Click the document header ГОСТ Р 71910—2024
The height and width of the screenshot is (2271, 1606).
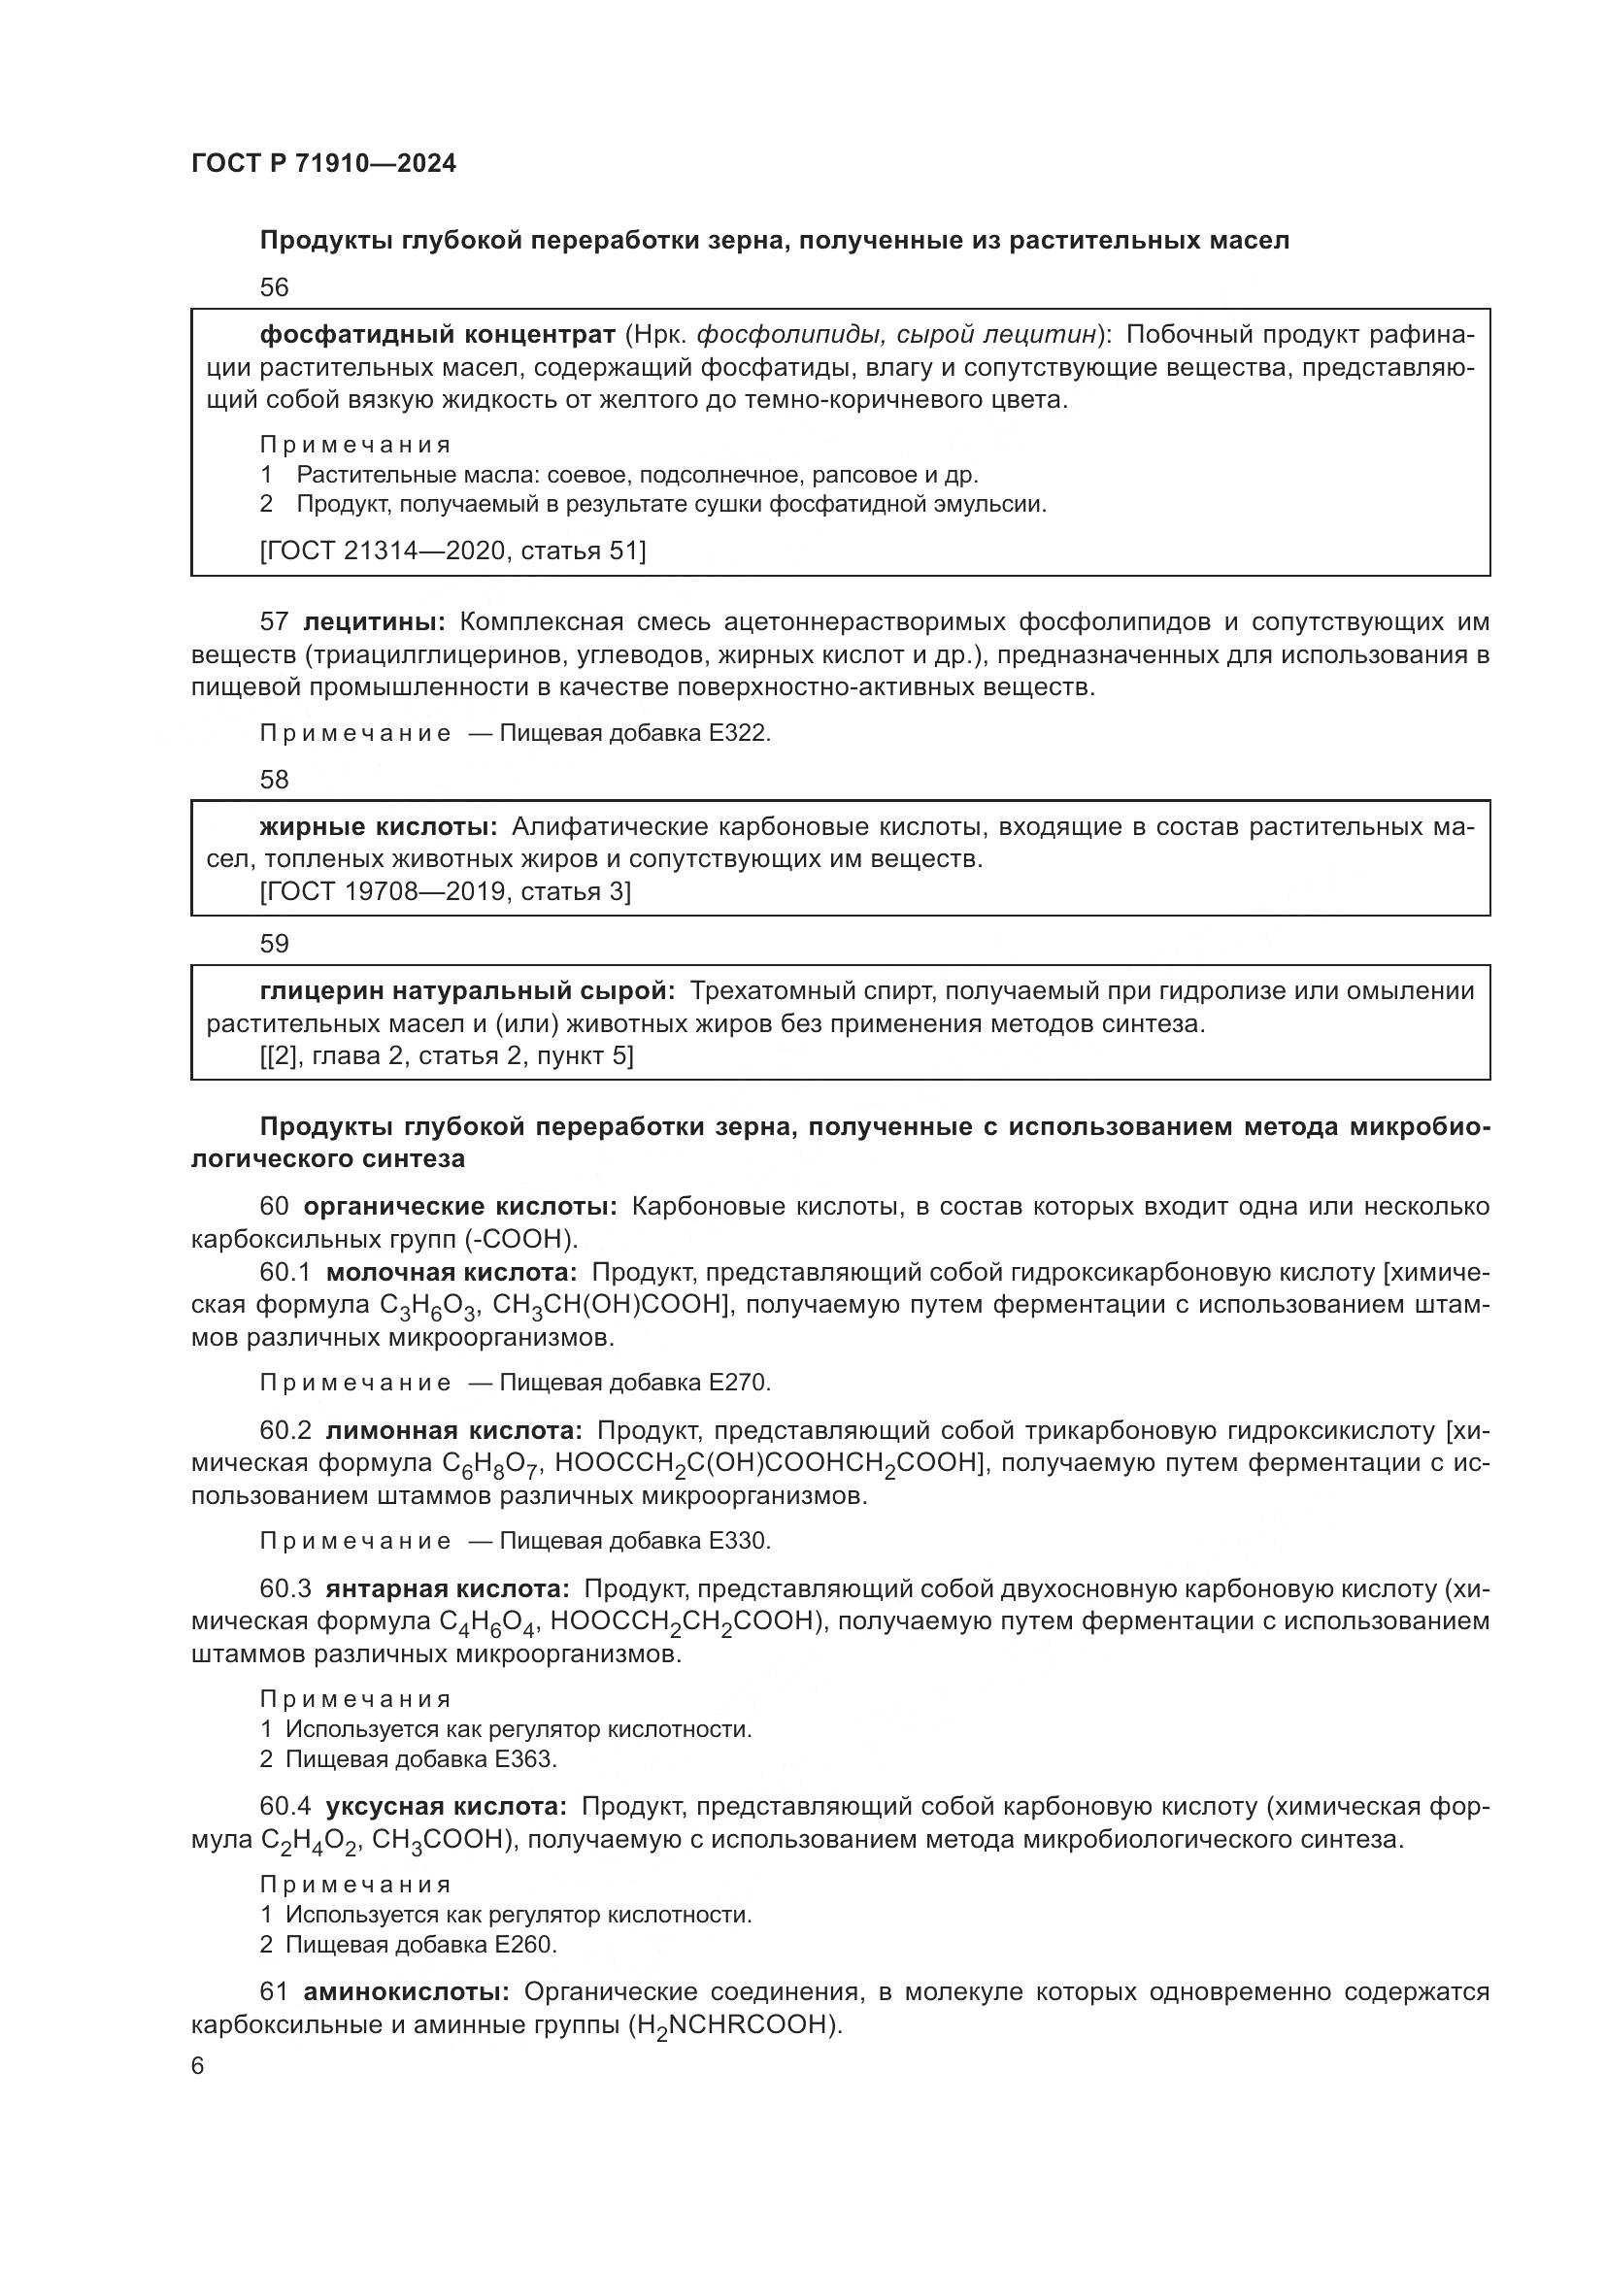[323, 164]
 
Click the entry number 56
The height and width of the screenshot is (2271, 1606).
[274, 287]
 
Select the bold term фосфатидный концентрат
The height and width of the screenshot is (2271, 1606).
[437, 335]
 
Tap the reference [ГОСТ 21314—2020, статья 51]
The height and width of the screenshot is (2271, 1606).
[452, 551]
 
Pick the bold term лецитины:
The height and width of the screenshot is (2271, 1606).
[375, 622]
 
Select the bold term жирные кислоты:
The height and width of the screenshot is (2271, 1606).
[379, 827]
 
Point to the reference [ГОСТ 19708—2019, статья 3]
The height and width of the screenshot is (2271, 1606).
[445, 892]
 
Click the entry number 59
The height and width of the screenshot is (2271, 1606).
[274, 944]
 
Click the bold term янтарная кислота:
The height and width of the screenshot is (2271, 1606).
[447, 1588]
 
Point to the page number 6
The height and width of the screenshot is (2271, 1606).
[198, 2067]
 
